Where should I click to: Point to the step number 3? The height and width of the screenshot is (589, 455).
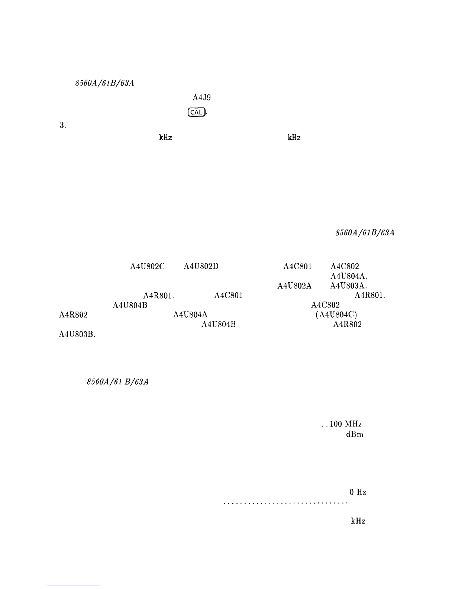click(x=62, y=126)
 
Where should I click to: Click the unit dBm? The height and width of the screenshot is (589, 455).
click(x=354, y=434)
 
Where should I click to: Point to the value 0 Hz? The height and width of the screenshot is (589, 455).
click(x=358, y=492)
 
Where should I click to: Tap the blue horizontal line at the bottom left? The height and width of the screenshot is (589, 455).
click(x=74, y=586)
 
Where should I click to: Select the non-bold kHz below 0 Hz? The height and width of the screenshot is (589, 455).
click(x=358, y=521)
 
